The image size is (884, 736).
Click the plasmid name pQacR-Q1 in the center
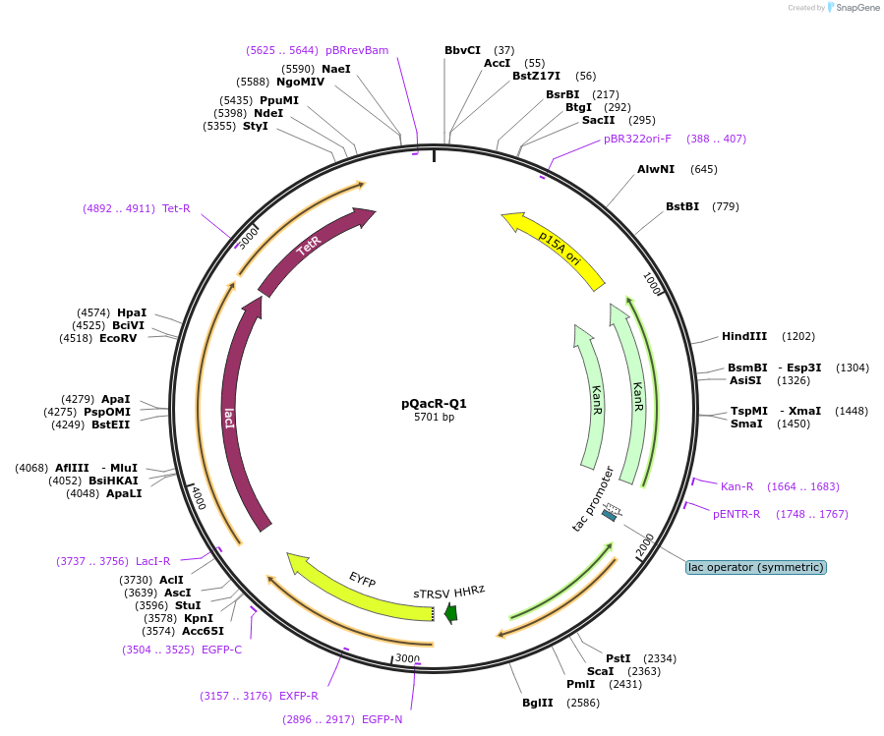[434, 403]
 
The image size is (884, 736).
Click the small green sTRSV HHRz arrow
[450, 613]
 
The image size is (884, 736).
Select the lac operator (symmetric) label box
[755, 567]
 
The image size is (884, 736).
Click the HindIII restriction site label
[744, 336]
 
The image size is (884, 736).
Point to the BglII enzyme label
[538, 703]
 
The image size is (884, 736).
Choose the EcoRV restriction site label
[118, 338]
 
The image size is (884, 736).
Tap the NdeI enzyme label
[268, 113]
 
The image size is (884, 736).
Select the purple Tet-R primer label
[176, 208]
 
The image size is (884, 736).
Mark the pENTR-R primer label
[737, 514]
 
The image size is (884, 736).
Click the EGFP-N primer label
[382, 719]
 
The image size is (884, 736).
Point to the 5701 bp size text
[434, 418]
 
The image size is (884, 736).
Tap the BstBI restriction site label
[682, 206]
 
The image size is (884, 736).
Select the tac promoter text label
[593, 498]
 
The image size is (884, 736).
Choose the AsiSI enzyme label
[745, 380]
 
